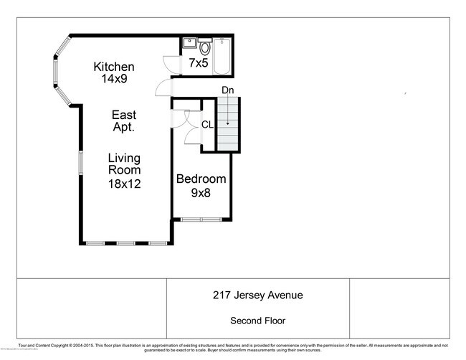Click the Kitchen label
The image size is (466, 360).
pyautogui.click(x=114, y=67)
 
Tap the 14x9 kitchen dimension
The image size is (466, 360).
pyautogui.click(x=114, y=79)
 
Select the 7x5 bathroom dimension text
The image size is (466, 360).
pyautogui.click(x=199, y=63)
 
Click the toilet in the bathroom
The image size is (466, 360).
pyautogui.click(x=204, y=48)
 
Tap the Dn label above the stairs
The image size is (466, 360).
pyautogui.click(x=227, y=90)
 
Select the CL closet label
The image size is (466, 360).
pyautogui.click(x=207, y=124)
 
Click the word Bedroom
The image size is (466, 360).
pyautogui.click(x=201, y=179)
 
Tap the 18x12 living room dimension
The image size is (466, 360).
pyautogui.click(x=124, y=183)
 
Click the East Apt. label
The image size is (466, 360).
pyautogui.click(x=123, y=120)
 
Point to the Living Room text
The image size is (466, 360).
pyautogui.click(x=124, y=164)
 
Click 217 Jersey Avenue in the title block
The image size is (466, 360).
pyautogui.click(x=257, y=295)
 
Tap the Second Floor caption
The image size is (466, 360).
pyautogui.click(x=257, y=321)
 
